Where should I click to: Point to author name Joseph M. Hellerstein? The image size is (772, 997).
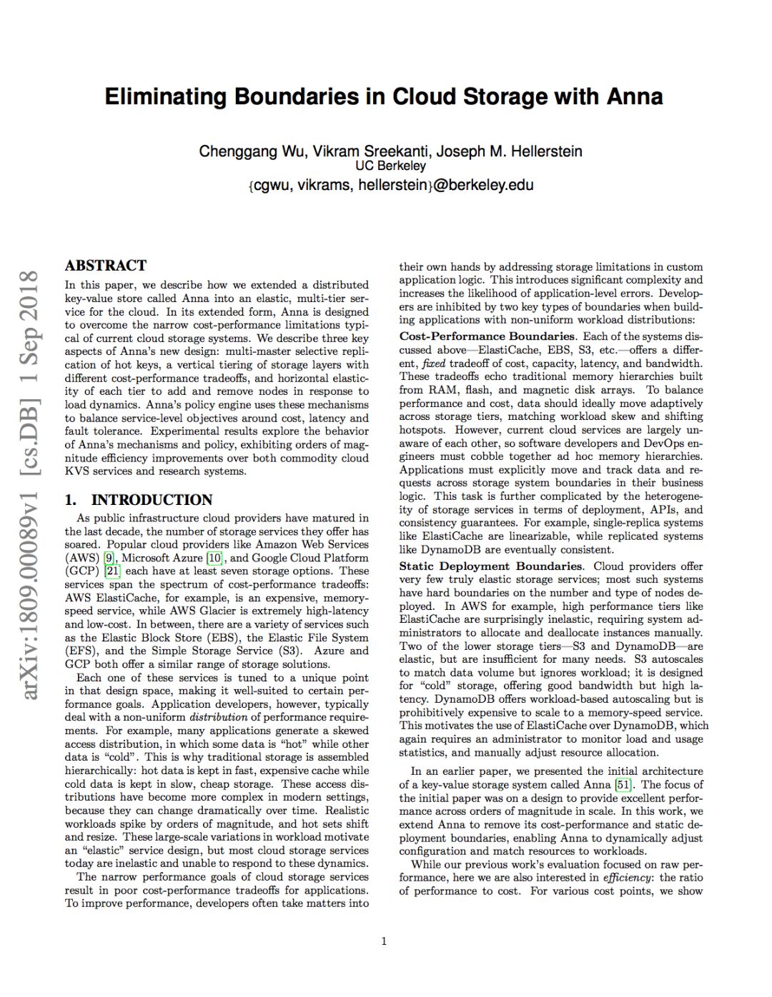point(509,151)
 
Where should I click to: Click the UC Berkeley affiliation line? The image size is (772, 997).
point(390,166)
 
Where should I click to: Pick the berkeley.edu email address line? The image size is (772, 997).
point(390,185)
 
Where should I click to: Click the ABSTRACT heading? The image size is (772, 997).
point(106,266)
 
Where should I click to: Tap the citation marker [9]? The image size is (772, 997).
point(109,558)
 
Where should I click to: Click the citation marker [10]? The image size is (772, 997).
point(214,558)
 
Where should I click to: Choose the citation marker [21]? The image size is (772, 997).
point(112,571)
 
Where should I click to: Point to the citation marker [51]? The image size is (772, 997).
point(623,785)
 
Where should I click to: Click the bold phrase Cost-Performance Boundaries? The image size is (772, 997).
point(487,336)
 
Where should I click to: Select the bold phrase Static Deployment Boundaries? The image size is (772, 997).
point(490,566)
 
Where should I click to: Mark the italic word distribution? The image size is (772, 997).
point(218,718)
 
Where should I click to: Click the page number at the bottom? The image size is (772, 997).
point(384,941)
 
